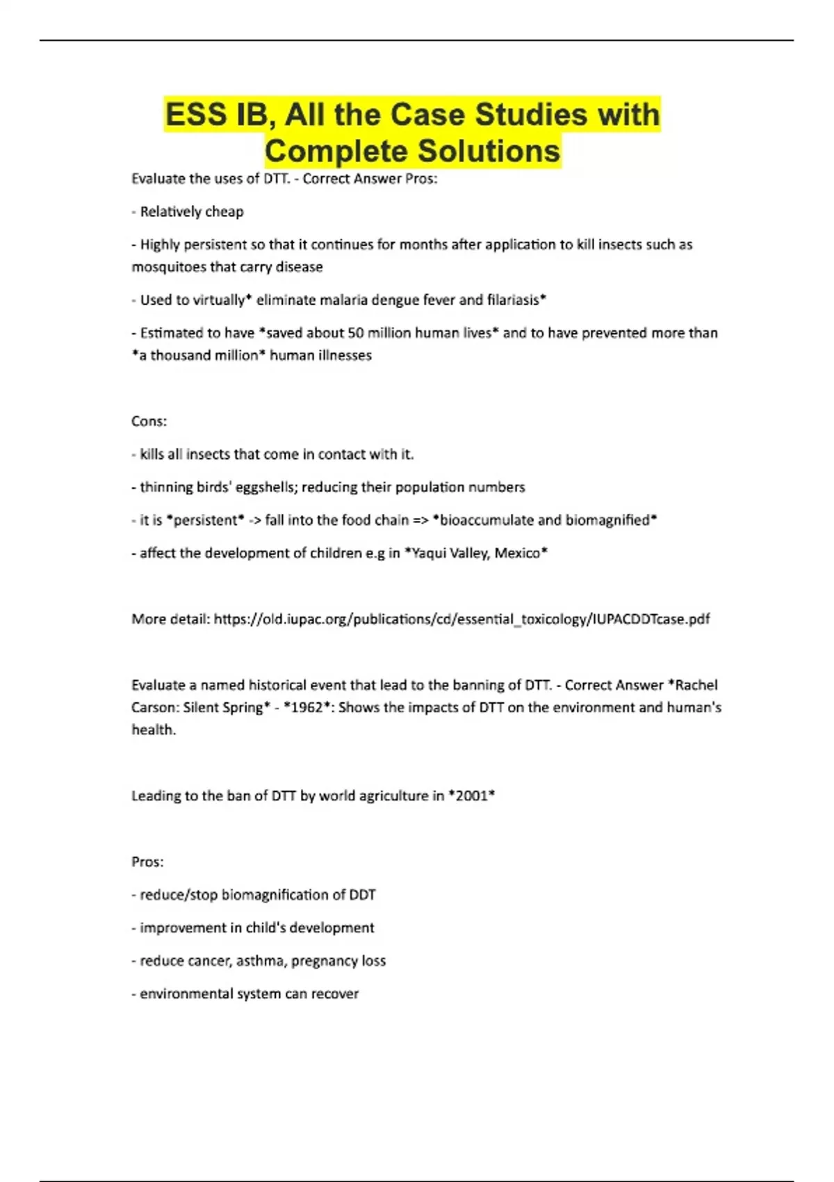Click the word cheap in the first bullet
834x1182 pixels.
224,211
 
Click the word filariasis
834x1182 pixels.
514,300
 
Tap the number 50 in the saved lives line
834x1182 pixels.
356,333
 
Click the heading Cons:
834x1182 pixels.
149,421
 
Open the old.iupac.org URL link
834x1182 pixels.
461,620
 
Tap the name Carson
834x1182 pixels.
154,708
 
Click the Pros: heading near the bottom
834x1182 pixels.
147,862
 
